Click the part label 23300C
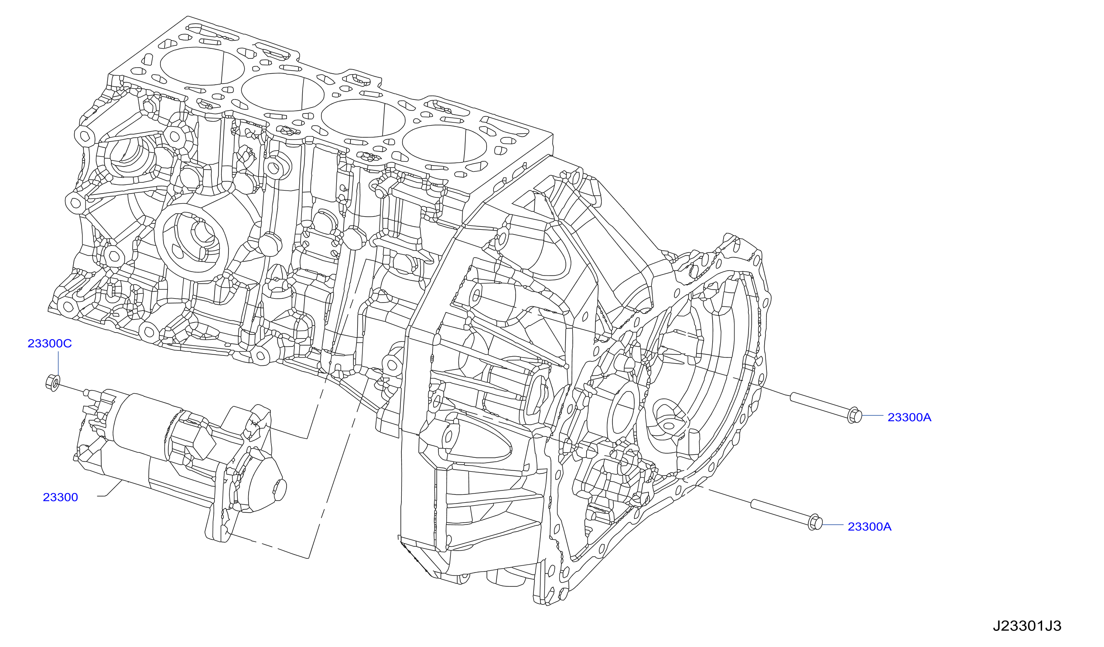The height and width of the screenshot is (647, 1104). pyautogui.click(x=49, y=343)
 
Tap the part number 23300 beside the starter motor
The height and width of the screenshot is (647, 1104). pyautogui.click(x=61, y=497)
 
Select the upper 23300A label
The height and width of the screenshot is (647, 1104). pyautogui.click(x=909, y=417)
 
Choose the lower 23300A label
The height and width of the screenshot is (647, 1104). pyautogui.click(x=870, y=526)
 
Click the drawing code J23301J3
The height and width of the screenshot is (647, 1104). pyautogui.click(x=1027, y=626)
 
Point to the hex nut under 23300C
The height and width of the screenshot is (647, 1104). pyautogui.click(x=53, y=383)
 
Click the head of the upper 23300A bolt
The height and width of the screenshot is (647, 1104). pyautogui.click(x=855, y=415)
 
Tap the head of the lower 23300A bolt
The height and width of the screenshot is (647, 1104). pyautogui.click(x=815, y=522)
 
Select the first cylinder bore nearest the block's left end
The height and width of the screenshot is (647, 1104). pyautogui.click(x=202, y=66)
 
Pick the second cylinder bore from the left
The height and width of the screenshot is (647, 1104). pyautogui.click(x=283, y=92)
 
